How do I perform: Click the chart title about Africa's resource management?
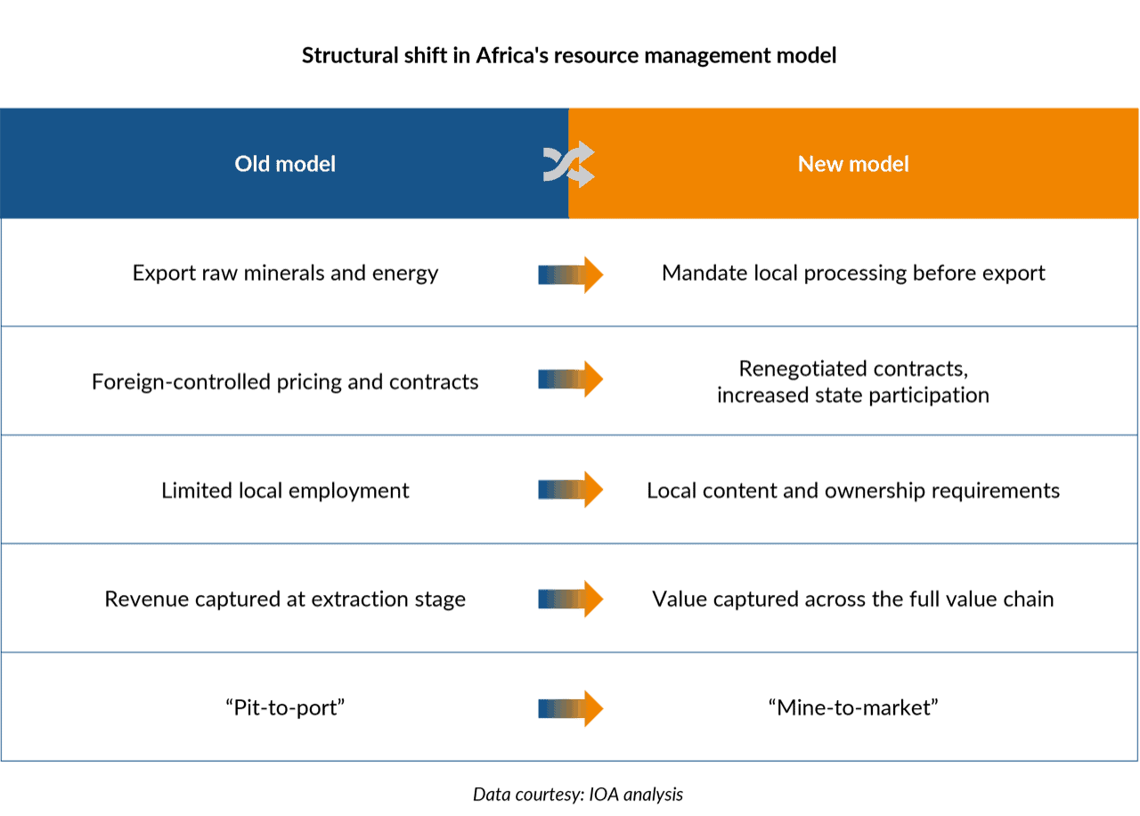click(569, 55)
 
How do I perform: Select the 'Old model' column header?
click(285, 164)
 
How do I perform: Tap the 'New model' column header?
click(853, 164)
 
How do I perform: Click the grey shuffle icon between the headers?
click(569, 164)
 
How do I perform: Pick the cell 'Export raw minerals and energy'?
click(285, 273)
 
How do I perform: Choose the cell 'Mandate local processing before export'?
click(853, 273)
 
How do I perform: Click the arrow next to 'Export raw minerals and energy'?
click(571, 275)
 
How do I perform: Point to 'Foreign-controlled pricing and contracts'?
click(285, 382)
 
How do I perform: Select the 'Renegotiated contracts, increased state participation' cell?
click(853, 382)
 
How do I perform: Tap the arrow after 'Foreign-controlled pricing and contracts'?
click(571, 379)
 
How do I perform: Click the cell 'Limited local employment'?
click(285, 491)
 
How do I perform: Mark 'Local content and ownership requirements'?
click(853, 491)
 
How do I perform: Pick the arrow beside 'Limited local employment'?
click(571, 490)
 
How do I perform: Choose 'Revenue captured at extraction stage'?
click(285, 600)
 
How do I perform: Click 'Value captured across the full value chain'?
click(853, 600)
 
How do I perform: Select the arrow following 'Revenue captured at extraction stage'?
click(571, 600)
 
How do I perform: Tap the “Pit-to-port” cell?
click(285, 708)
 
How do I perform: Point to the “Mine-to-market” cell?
click(853, 708)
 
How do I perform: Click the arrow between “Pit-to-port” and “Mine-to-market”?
click(571, 708)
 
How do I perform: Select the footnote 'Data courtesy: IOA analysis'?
click(578, 795)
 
